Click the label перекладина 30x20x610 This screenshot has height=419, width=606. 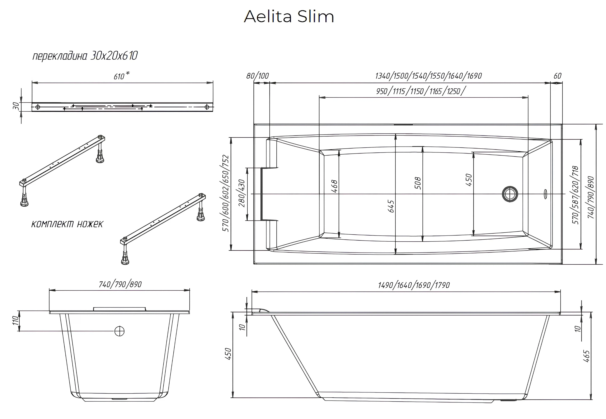click(85, 56)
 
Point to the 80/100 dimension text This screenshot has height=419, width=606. click(257, 76)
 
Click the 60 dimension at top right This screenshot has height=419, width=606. click(557, 76)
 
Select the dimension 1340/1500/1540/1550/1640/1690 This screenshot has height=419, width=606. click(428, 76)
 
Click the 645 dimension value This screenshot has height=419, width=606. click(391, 206)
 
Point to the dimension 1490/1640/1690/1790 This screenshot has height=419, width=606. click(414, 285)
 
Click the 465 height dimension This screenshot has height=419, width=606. click(586, 356)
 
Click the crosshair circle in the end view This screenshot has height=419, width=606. click(120, 331)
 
